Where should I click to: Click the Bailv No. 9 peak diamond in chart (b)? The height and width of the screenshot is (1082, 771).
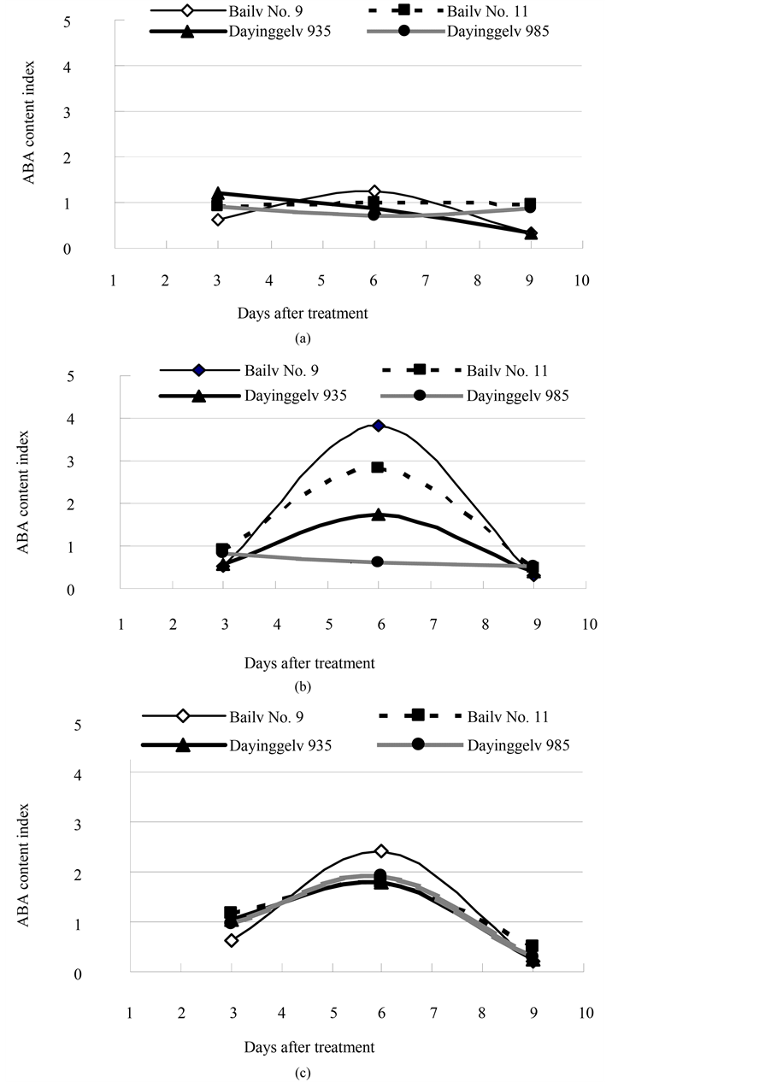click(379, 426)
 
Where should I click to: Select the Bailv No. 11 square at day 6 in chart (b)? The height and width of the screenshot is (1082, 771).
click(378, 467)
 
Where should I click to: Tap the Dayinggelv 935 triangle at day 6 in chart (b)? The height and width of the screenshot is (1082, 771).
click(379, 515)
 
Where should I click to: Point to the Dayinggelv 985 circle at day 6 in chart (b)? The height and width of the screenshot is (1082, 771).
click(378, 562)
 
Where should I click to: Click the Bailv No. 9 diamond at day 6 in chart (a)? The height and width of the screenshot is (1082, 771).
click(374, 191)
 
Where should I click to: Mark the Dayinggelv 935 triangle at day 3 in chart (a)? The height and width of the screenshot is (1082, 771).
click(218, 193)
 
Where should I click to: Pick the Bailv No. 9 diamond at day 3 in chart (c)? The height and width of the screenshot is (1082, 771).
click(231, 940)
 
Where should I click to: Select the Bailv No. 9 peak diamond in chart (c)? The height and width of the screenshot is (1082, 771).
click(381, 851)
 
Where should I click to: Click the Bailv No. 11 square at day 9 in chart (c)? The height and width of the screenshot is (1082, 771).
click(532, 946)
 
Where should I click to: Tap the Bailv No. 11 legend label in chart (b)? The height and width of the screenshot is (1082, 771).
click(507, 370)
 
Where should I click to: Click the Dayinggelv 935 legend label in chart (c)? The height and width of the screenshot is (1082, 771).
click(280, 745)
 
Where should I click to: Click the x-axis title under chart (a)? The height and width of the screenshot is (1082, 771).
click(303, 313)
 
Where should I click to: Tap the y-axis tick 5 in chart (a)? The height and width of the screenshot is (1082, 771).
click(91, 21)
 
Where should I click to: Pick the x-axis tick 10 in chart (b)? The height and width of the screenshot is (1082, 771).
click(588, 625)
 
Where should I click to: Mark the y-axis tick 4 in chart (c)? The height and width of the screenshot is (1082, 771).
click(102, 775)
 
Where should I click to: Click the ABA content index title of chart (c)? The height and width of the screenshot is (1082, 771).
click(24, 867)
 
